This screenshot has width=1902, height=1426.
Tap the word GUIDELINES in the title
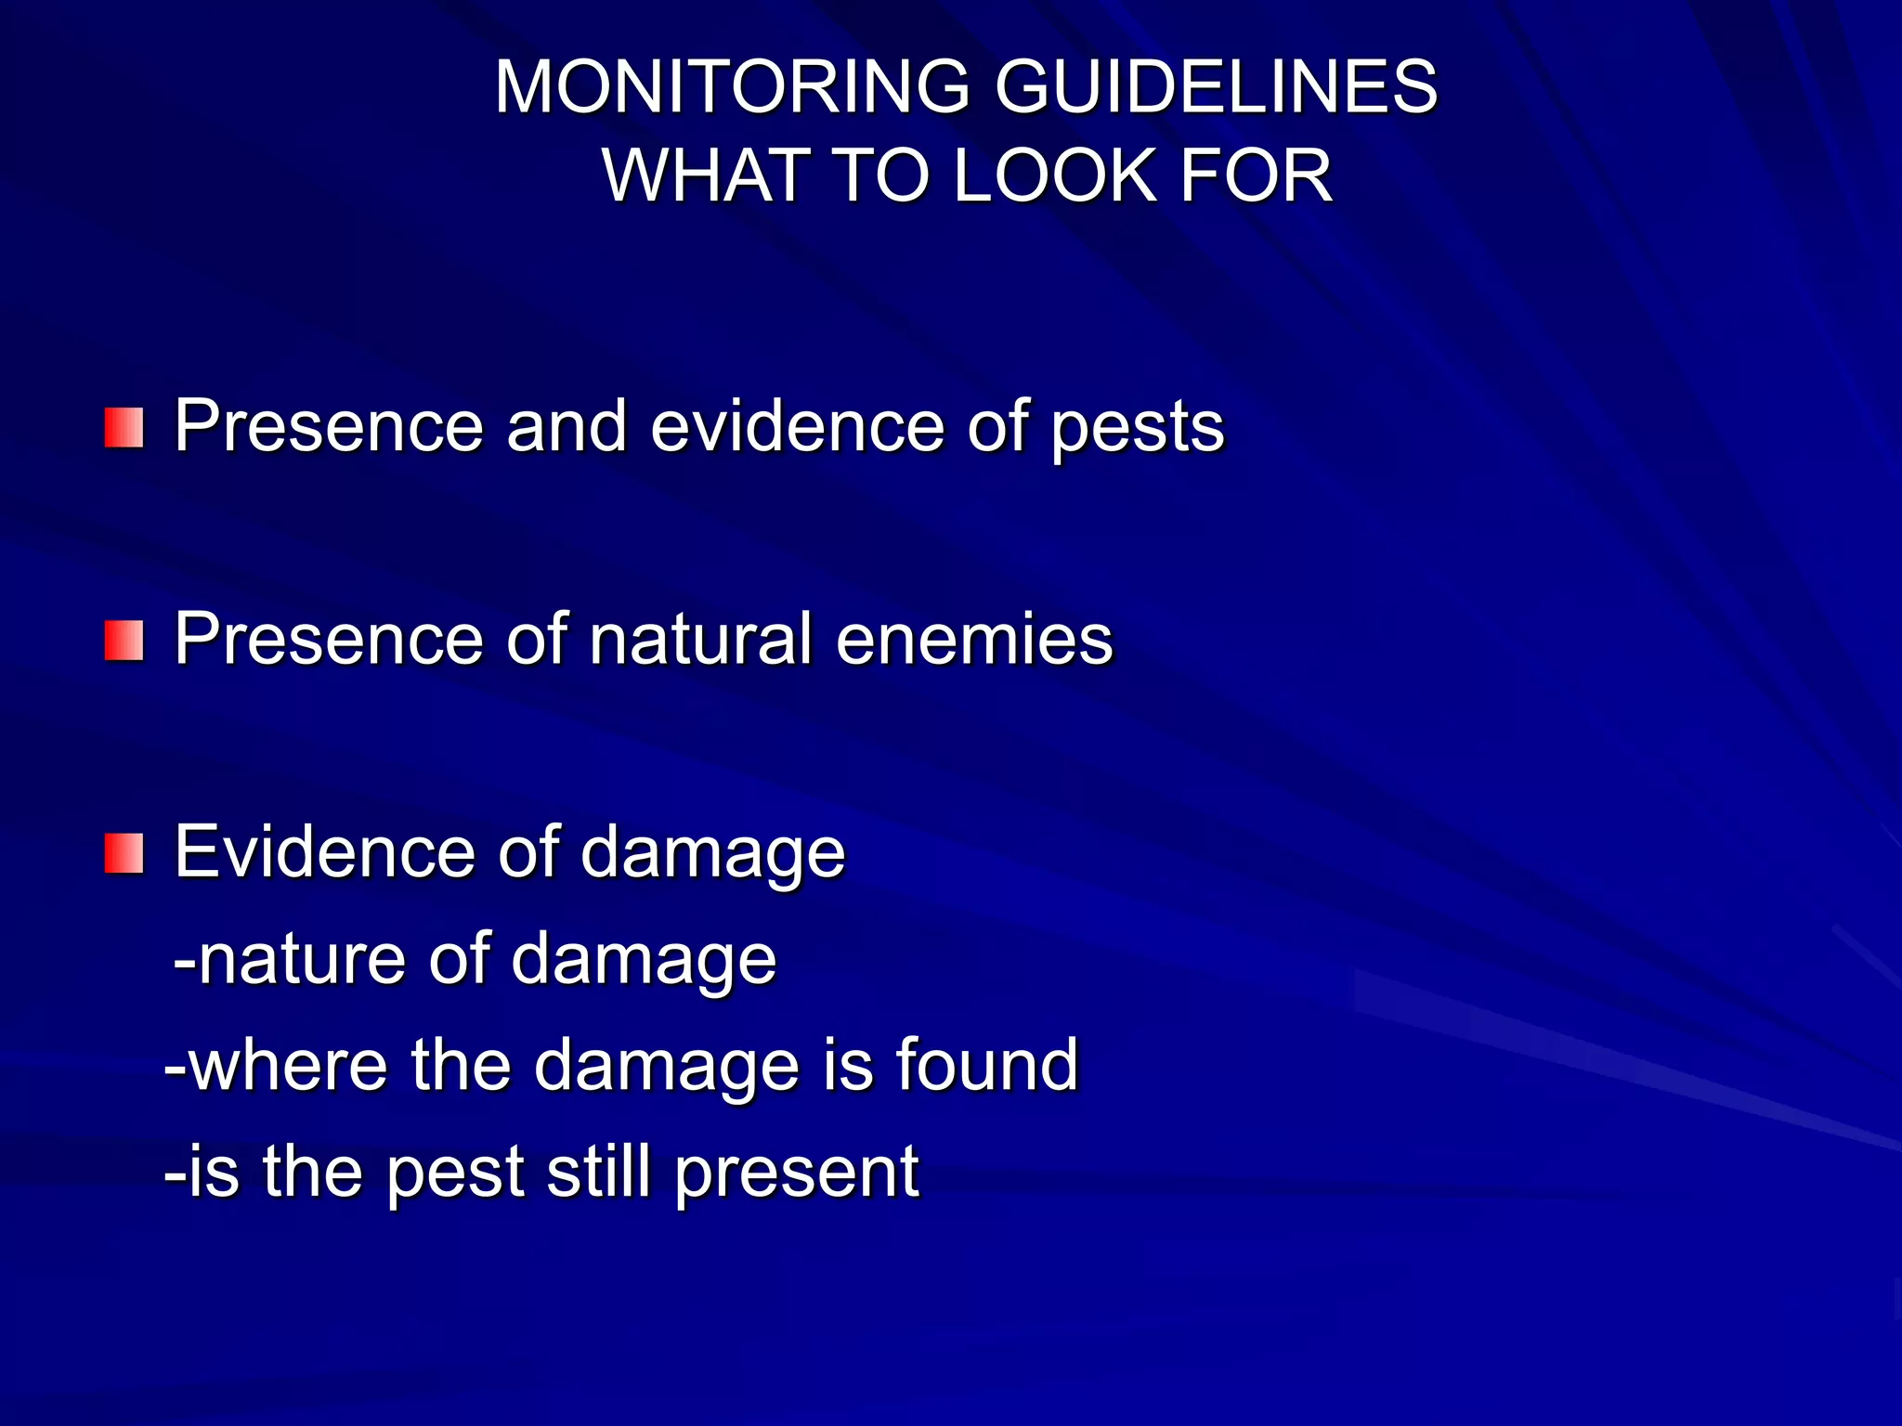(x=1216, y=87)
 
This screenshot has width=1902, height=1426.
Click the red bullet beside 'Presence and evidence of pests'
(x=124, y=428)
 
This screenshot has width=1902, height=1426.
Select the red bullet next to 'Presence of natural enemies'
(x=124, y=642)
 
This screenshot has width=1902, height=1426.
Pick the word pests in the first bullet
(x=1138, y=428)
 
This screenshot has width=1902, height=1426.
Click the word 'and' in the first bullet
(x=567, y=428)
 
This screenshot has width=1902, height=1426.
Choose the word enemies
(x=974, y=640)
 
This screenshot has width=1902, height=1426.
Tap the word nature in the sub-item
(x=303, y=959)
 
